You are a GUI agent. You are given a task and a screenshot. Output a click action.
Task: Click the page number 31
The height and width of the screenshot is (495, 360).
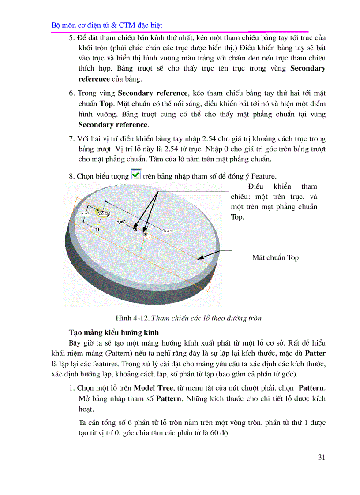click(x=322, y=457)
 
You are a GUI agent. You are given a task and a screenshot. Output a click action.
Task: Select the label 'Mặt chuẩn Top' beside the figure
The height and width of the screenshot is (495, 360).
click(x=275, y=257)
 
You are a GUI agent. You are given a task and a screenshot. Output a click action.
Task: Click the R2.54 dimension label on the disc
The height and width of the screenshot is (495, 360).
click(x=167, y=230)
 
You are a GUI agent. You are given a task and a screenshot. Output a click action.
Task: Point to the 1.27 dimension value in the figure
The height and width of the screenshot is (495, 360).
click(x=86, y=213)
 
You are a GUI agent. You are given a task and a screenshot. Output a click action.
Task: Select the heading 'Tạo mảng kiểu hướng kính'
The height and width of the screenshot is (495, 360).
click(x=114, y=332)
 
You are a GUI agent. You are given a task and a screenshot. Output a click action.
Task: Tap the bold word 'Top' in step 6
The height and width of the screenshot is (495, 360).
click(x=106, y=104)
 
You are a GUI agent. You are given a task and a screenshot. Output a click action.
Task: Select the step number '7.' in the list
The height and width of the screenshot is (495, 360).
click(x=72, y=139)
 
